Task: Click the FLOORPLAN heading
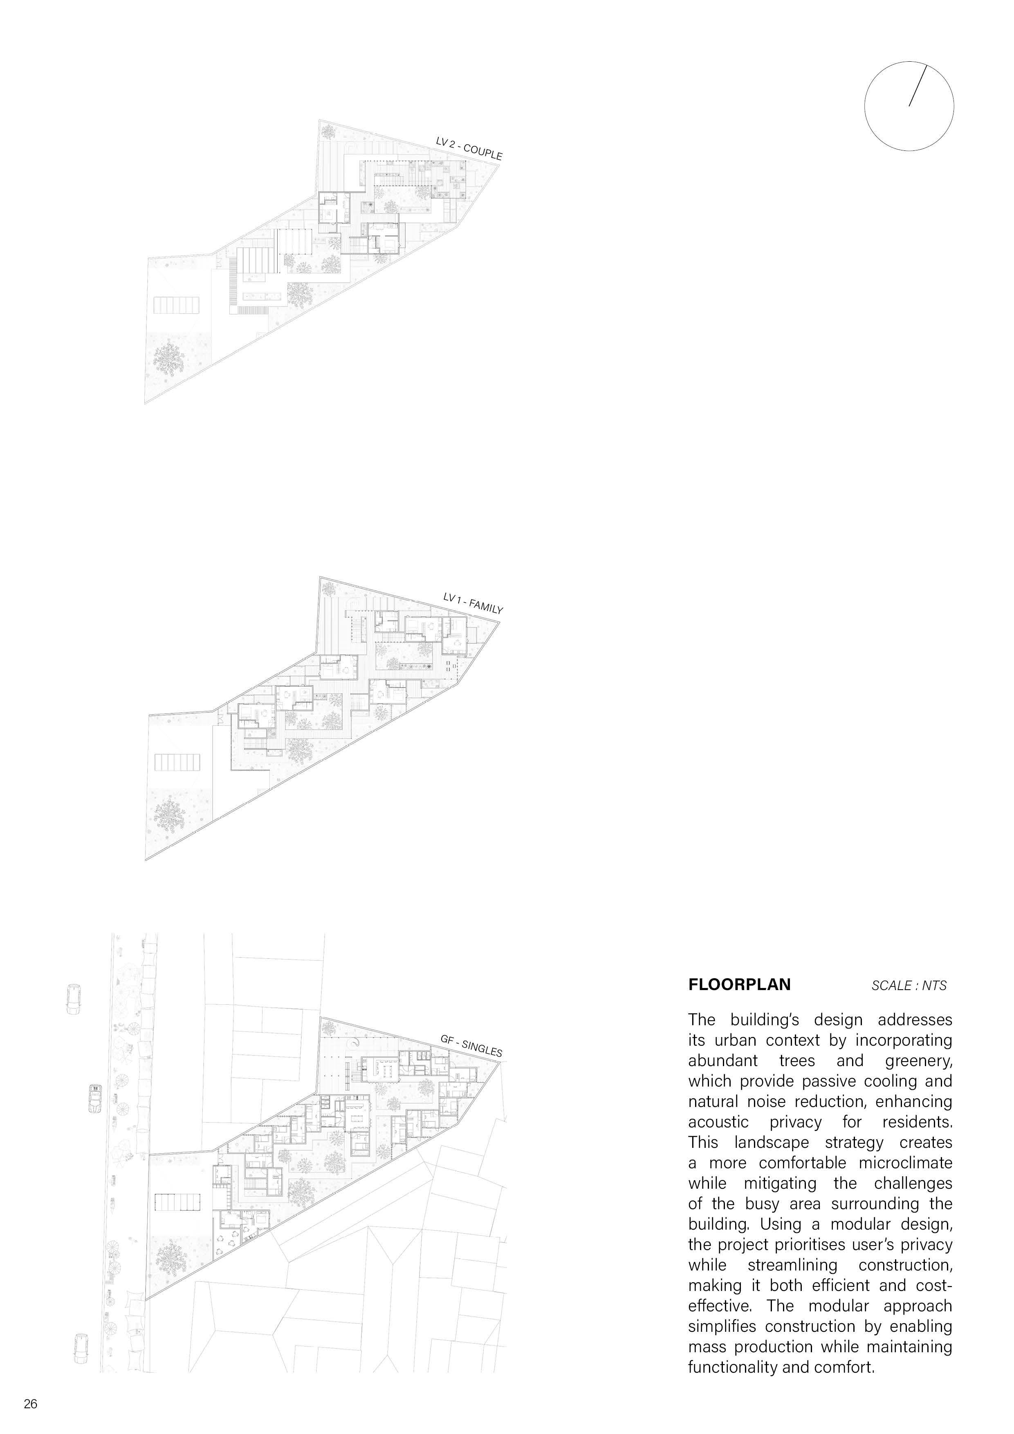coord(739,985)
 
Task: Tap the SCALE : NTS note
coord(909,986)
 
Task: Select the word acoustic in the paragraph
coord(718,1123)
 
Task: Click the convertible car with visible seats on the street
coord(96,1098)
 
